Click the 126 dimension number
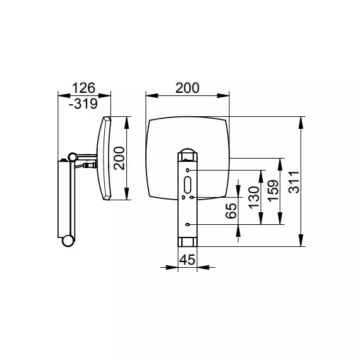tap(83, 88)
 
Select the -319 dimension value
tap(83, 104)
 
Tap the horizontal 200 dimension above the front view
tap(188, 88)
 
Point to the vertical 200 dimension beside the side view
tap(119, 158)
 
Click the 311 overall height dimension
tap(294, 182)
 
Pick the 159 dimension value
tap(273, 191)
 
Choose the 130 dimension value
tap(254, 198)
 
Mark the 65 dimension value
tap(231, 211)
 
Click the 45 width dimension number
tap(188, 260)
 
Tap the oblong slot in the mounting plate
tap(188, 185)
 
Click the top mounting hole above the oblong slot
tap(188, 170)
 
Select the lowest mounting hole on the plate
tap(188, 224)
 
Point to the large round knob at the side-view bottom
tap(68, 241)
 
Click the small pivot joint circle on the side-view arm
tap(73, 157)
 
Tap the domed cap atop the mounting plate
tap(188, 150)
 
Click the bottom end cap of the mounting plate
tap(188, 242)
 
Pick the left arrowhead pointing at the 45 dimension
tap(172, 267)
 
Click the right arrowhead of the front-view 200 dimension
tap(223, 96)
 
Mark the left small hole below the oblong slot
tap(183, 197)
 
